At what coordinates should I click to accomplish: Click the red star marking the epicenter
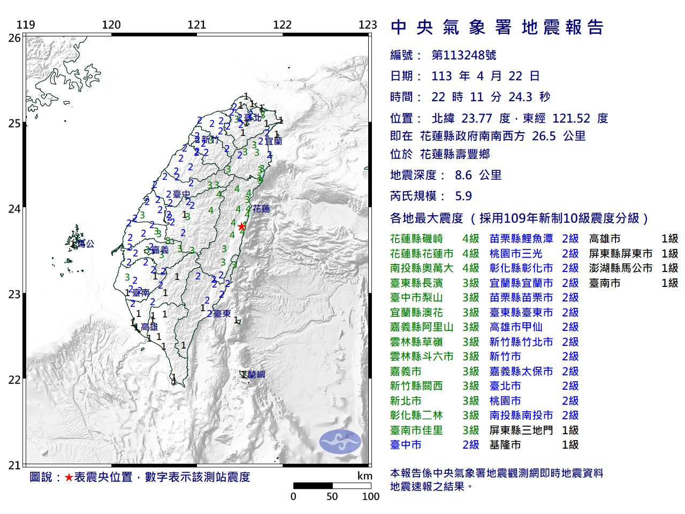pyautogui.click(x=242, y=226)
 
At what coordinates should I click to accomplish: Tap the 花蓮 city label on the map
pyautogui.click(x=261, y=209)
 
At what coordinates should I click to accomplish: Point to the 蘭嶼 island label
pyautogui.click(x=255, y=375)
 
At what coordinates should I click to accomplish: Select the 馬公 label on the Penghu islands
pyautogui.click(x=86, y=244)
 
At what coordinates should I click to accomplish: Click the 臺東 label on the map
pyautogui.click(x=222, y=313)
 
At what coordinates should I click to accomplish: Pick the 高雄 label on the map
pyautogui.click(x=149, y=327)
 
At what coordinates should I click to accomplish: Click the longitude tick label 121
pyautogui.click(x=196, y=25)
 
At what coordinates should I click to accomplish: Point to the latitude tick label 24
pyautogui.click(x=14, y=209)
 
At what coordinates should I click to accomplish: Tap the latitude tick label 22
pyautogui.click(x=14, y=380)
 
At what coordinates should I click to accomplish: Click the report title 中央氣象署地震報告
pyautogui.click(x=497, y=27)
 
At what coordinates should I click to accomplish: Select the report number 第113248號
pyautogui.click(x=463, y=55)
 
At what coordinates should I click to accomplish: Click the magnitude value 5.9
pyautogui.click(x=463, y=196)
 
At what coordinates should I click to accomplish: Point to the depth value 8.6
pyautogui.click(x=463, y=175)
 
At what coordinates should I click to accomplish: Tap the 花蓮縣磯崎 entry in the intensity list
pyautogui.click(x=416, y=239)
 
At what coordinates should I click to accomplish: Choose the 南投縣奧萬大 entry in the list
pyautogui.click(x=422, y=268)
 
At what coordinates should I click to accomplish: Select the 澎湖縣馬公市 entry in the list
pyautogui.click(x=620, y=268)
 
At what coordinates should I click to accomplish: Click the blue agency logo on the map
pyautogui.click(x=340, y=442)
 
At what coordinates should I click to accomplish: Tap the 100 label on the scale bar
pyautogui.click(x=370, y=496)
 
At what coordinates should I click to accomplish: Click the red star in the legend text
pyautogui.click(x=68, y=477)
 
